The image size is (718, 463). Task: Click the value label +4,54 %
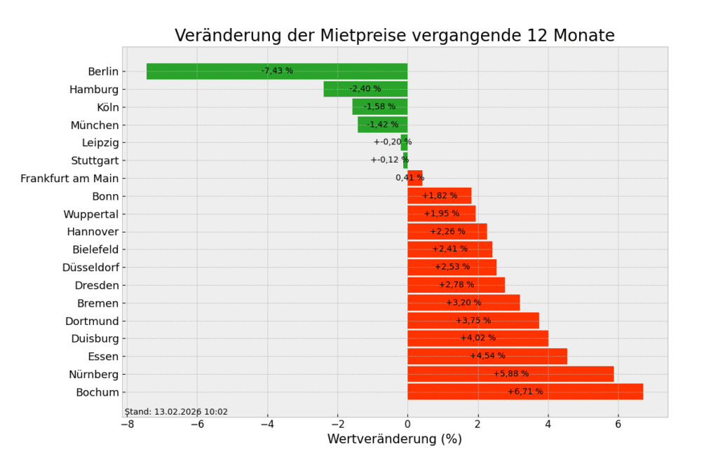point(487,356)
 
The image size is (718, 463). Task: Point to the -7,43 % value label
point(277,71)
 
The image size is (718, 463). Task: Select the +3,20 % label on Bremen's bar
point(463,303)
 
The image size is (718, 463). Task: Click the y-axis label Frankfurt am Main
point(69,179)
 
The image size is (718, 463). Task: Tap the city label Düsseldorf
point(90,267)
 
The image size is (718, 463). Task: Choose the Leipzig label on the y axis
point(100,143)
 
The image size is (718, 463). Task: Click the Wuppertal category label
point(91,214)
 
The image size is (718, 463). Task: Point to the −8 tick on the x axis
point(127,424)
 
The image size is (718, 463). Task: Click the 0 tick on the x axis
point(407,424)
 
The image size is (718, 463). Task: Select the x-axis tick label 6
point(618,424)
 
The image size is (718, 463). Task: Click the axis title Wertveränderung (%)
point(394,440)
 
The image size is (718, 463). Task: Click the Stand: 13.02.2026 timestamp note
point(176,412)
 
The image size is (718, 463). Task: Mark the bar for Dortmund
point(473,321)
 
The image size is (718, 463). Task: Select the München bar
point(382,125)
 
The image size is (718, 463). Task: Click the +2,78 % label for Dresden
point(456,284)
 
